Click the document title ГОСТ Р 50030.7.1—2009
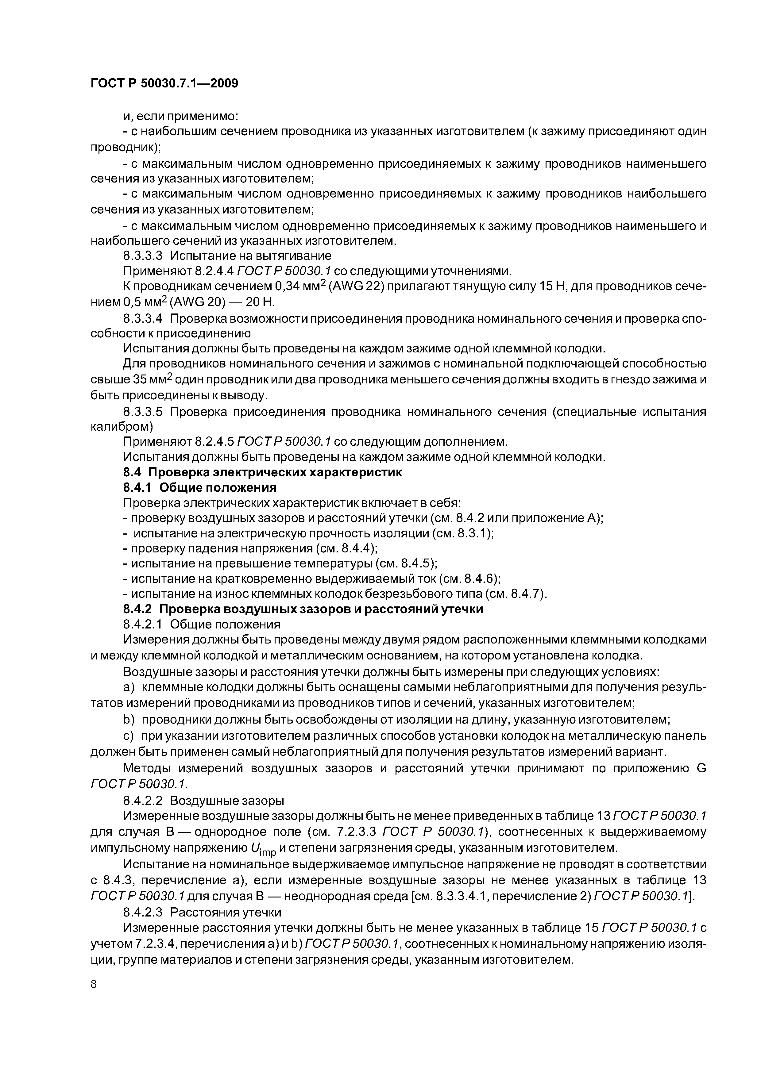click(x=164, y=83)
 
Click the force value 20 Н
click(x=260, y=302)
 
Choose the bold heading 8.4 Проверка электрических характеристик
click(x=263, y=472)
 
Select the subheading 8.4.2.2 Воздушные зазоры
click(x=203, y=800)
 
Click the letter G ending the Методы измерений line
click(x=701, y=769)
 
